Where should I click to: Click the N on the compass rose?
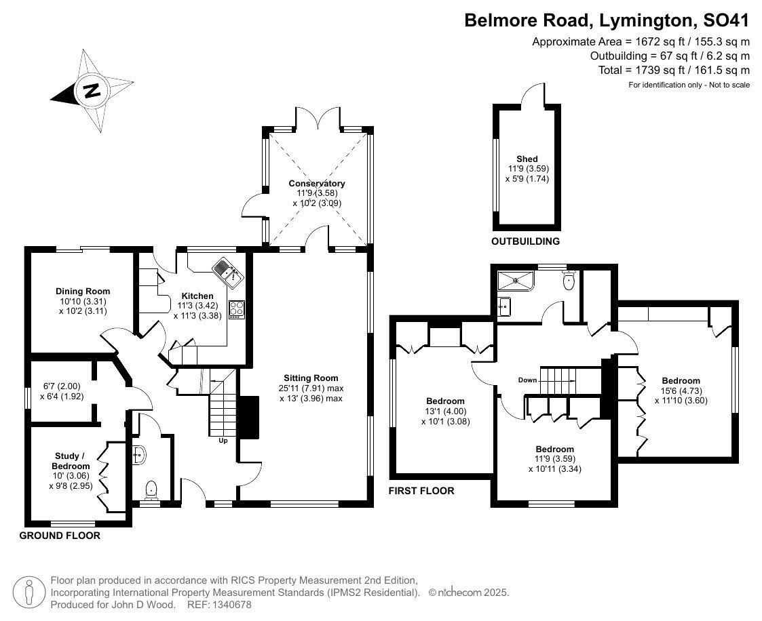[91, 90]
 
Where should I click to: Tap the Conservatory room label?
[317, 184]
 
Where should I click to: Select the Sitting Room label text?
[311, 378]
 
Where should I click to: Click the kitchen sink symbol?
[227, 270]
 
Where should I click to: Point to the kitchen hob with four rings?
[237, 310]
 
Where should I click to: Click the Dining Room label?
[83, 292]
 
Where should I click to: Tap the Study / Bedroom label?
[71, 461]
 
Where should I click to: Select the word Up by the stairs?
[223, 441]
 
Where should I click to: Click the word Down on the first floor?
[527, 380]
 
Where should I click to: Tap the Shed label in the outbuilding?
[527, 159]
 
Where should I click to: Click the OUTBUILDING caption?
[525, 241]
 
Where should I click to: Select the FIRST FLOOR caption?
[421, 491]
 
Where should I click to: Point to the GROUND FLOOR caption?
[60, 536]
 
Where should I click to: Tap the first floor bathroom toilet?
[569, 280]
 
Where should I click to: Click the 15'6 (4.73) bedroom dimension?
[681, 391]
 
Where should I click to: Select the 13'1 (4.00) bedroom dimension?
[445, 412]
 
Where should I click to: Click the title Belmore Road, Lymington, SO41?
[607, 20]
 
